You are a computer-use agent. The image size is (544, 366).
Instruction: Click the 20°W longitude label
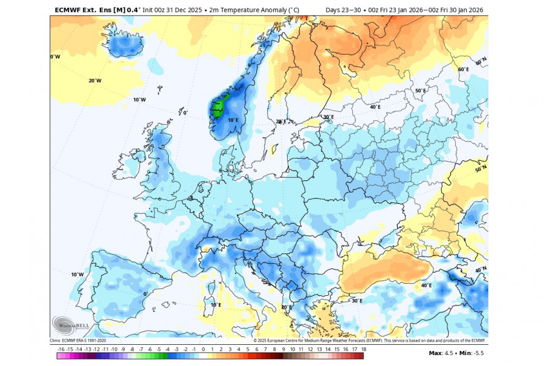[95, 80]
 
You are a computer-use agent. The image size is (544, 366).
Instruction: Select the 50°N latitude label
[481, 169]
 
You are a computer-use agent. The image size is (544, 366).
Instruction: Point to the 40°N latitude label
[481, 270]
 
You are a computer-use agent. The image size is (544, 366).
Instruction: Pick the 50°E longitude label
[421, 91]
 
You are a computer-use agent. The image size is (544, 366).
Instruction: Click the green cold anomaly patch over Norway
[219, 106]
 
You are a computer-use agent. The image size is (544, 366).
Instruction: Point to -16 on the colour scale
[61, 349]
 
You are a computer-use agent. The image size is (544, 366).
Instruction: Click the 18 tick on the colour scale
[363, 349]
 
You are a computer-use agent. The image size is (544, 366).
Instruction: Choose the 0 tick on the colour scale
[203, 349]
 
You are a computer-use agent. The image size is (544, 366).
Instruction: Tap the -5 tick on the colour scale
[158, 349]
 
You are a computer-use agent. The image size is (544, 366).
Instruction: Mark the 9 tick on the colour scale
[283, 349]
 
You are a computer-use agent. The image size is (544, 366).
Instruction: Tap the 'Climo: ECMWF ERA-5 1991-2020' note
[77, 340]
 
